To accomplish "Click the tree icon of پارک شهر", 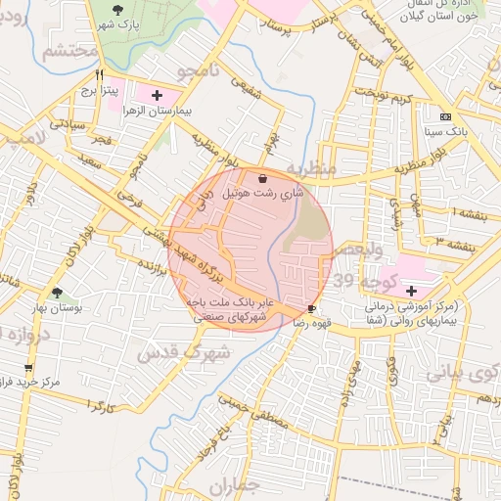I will click(x=118, y=10).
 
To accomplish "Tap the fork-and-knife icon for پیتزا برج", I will click(x=99, y=74).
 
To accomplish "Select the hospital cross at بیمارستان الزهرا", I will click(x=157, y=94).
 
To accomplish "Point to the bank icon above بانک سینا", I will click(x=446, y=117).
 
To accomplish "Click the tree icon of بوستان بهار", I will click(x=57, y=293).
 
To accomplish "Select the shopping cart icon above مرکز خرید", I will click(x=28, y=368).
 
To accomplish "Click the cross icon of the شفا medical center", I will click(x=411, y=291).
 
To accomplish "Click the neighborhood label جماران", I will click(x=237, y=485).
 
